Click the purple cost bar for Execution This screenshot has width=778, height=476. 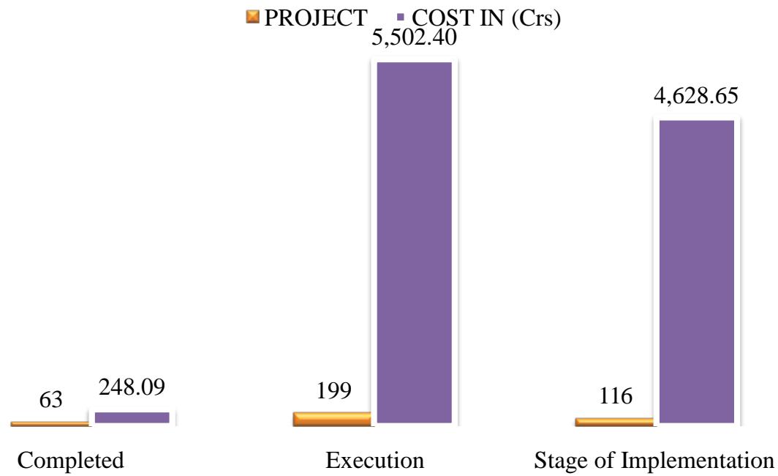click(414, 243)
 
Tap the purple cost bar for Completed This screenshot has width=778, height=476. click(132, 417)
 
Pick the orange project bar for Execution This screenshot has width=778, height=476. click(333, 419)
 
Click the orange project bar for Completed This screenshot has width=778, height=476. click(50, 423)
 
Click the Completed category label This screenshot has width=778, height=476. click(70, 461)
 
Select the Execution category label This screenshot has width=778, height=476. click(374, 461)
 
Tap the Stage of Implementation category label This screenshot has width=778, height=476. click(654, 461)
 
